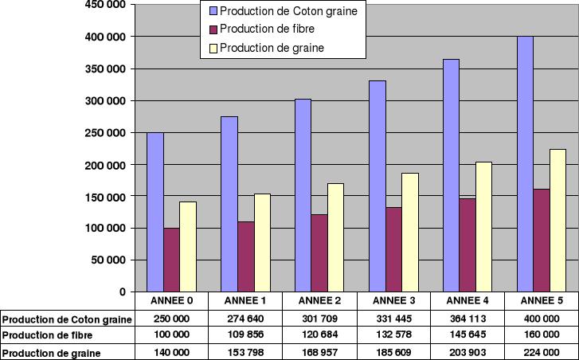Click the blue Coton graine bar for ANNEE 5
(x=525, y=163)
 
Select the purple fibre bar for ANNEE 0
(x=171, y=260)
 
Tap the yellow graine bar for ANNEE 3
(x=409, y=232)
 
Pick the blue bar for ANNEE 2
(x=303, y=195)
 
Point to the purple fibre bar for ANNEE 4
(x=467, y=245)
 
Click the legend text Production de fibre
(x=266, y=29)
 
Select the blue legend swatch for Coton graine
(x=212, y=11)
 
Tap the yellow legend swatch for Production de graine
(x=212, y=48)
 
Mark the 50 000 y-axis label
(x=109, y=260)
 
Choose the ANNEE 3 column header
(x=393, y=300)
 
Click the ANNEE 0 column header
(x=171, y=300)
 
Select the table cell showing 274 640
(x=245, y=319)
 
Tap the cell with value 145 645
(x=467, y=335)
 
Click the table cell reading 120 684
(x=319, y=335)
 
